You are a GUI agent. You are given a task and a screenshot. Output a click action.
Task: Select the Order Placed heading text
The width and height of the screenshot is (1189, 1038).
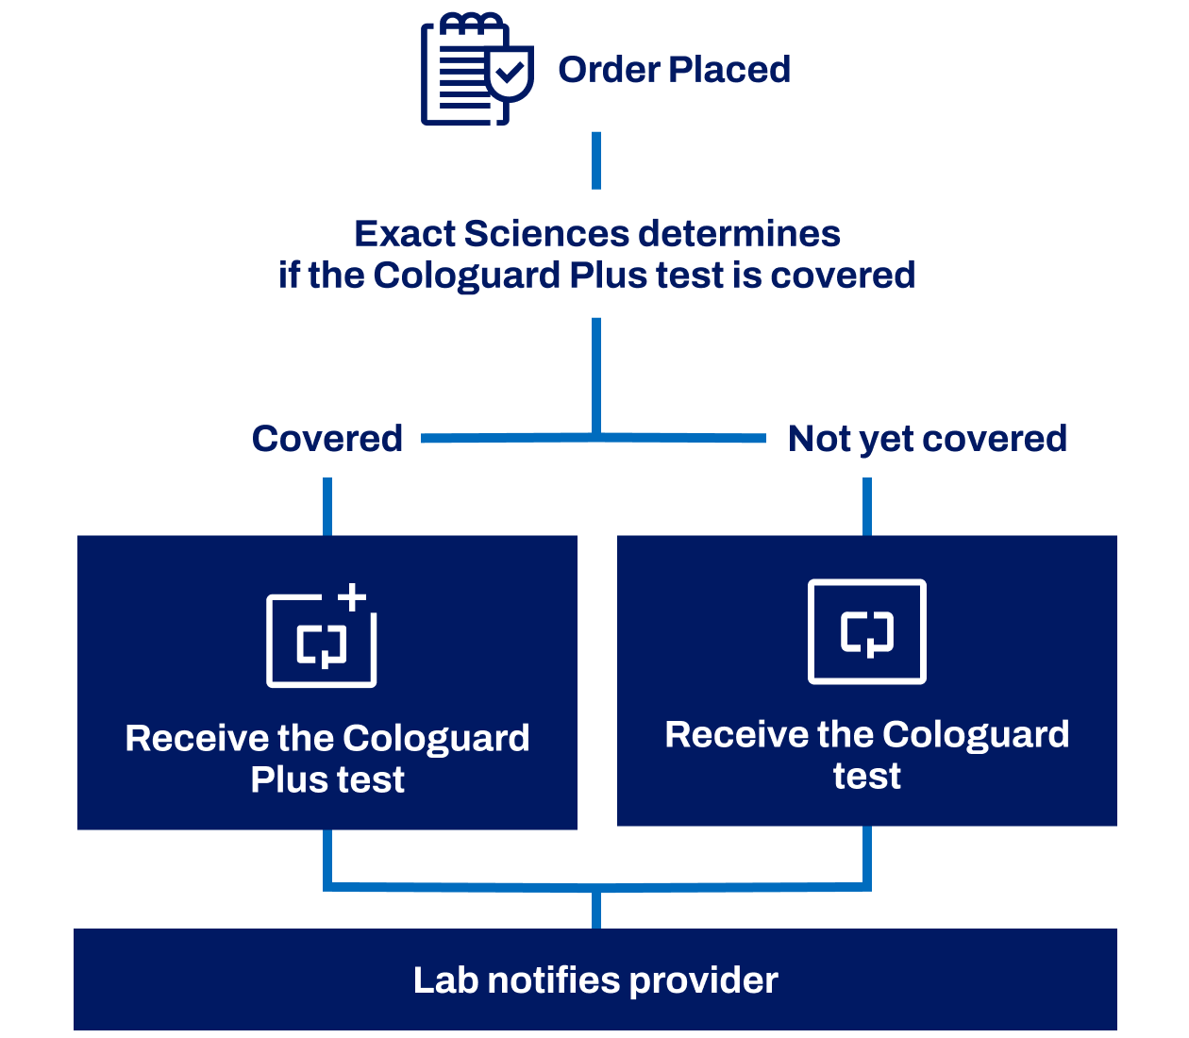[x=674, y=70]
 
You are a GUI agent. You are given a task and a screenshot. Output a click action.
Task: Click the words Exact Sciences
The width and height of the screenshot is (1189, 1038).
[x=492, y=234]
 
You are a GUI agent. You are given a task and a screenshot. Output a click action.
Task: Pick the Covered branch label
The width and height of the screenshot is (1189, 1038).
[x=327, y=439]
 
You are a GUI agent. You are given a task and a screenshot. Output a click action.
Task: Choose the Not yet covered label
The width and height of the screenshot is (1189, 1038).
[x=927, y=439]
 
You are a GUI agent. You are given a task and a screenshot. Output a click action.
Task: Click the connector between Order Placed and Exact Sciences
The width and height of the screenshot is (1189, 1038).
[x=596, y=160]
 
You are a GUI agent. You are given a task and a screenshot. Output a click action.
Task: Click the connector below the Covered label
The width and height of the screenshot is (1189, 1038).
[x=327, y=507]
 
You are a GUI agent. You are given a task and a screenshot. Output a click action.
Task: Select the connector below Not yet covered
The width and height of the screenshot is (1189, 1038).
[x=867, y=507]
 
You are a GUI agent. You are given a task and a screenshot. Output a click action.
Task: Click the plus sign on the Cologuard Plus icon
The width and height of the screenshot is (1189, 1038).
[x=352, y=597]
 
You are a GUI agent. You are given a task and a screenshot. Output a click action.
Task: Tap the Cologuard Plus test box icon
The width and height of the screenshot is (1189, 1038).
[x=321, y=641]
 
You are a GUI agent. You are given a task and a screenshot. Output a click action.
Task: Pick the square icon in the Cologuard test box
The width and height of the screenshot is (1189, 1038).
[x=867, y=631]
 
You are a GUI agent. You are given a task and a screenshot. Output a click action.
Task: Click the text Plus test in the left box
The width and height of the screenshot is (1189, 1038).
[x=327, y=780]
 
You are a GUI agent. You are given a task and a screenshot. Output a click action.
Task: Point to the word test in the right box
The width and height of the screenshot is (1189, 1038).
[x=867, y=777]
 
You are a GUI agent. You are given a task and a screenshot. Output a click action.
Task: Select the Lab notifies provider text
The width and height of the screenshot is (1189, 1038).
[x=595, y=980]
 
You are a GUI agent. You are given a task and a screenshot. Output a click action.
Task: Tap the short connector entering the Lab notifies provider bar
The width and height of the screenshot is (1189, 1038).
[x=596, y=910]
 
